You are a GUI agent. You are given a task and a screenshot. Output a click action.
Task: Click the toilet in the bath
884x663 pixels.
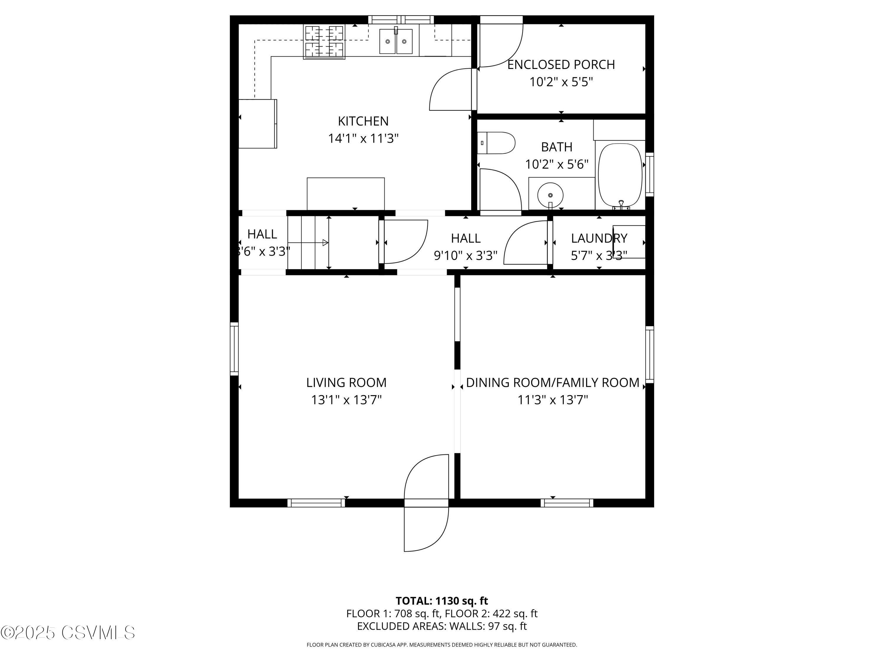click(x=497, y=143)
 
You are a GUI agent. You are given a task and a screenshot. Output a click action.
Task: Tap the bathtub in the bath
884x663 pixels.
click(x=620, y=175)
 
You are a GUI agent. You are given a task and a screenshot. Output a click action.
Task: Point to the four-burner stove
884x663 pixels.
click(x=324, y=42)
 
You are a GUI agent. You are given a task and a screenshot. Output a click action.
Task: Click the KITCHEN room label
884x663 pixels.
click(x=363, y=121)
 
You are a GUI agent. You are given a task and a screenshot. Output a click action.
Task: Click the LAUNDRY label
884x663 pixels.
click(x=599, y=238)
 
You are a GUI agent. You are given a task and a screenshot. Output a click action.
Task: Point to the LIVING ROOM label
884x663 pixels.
click(x=346, y=382)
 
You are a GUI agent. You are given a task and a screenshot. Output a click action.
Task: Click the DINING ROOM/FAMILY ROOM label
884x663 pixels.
click(x=552, y=382)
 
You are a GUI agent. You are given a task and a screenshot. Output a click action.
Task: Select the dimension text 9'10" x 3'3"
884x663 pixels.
click(x=465, y=255)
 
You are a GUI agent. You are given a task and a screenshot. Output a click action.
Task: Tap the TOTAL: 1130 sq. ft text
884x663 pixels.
click(x=442, y=601)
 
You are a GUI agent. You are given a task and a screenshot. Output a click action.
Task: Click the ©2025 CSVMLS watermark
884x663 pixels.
click(x=68, y=633)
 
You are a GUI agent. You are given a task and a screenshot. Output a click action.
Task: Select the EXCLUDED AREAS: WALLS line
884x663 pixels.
click(x=442, y=626)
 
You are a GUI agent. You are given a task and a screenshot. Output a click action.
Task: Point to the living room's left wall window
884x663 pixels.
click(x=234, y=349)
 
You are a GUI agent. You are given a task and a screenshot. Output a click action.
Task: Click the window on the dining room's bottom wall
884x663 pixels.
click(x=567, y=503)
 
